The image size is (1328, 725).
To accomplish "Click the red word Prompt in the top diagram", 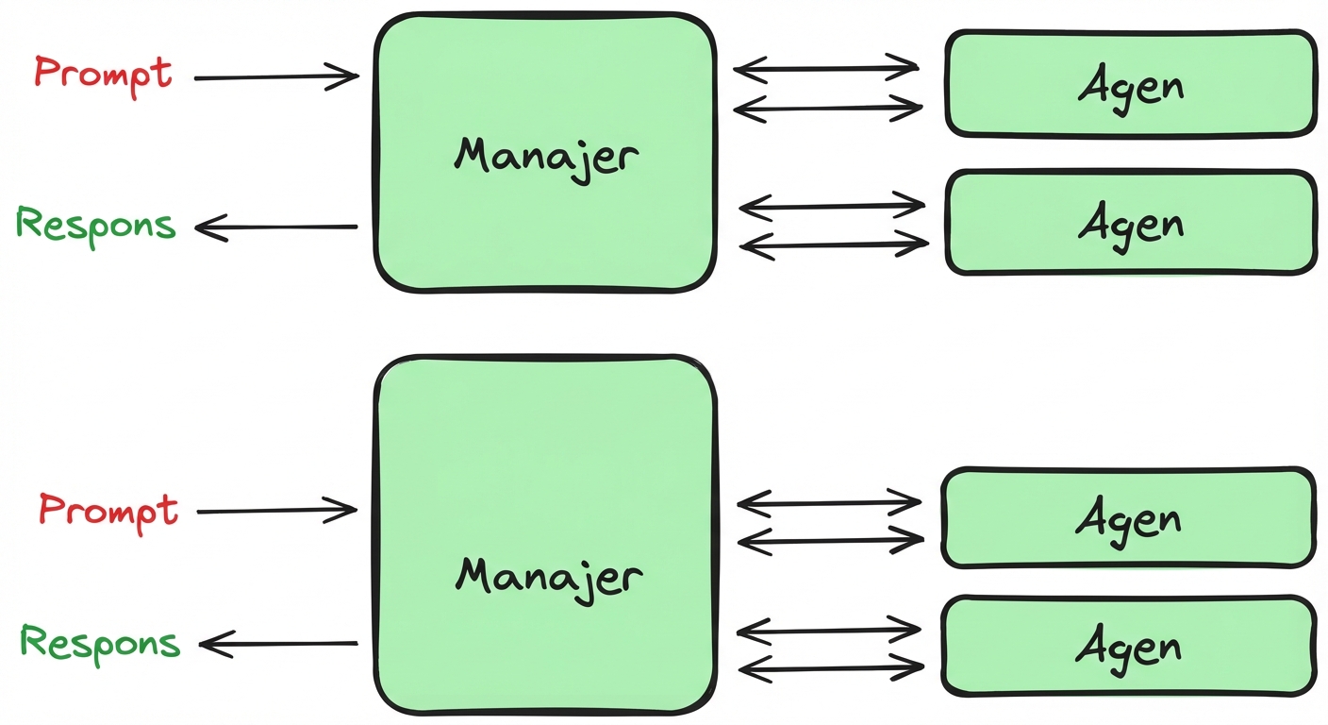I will click(104, 73).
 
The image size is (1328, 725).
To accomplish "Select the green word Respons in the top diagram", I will click(96, 225).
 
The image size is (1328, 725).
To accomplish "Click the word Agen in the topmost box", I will click(1130, 86).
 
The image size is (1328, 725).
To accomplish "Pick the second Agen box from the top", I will click(1130, 223).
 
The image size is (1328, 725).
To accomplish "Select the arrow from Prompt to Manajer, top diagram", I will click(275, 76).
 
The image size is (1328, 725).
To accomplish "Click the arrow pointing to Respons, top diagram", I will click(275, 228).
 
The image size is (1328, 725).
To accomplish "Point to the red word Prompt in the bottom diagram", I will click(108, 510).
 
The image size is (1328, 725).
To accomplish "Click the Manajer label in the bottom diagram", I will click(549, 574).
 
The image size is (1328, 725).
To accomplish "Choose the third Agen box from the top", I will click(1128, 518).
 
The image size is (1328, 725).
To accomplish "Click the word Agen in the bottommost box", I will click(1128, 647).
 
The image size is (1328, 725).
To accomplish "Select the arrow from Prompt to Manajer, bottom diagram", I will click(275, 511).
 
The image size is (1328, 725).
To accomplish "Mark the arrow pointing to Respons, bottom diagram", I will click(278, 645).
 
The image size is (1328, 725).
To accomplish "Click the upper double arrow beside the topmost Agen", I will click(826, 68).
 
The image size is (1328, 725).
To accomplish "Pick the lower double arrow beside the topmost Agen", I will click(826, 109).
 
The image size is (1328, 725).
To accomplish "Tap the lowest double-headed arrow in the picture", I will click(830, 668).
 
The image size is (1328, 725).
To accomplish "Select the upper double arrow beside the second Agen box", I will click(832, 204).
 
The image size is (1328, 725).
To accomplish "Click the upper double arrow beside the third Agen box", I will click(828, 501).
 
